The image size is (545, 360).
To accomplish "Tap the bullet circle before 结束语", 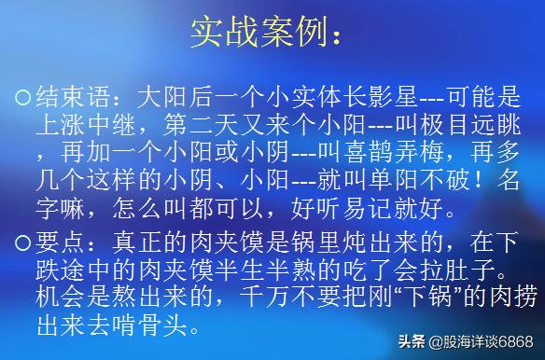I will click(x=24, y=96).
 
